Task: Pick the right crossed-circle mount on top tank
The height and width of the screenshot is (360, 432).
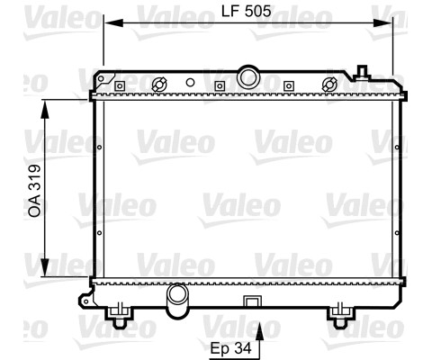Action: (x=329, y=85)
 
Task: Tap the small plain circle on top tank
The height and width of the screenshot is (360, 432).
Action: (x=190, y=83)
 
